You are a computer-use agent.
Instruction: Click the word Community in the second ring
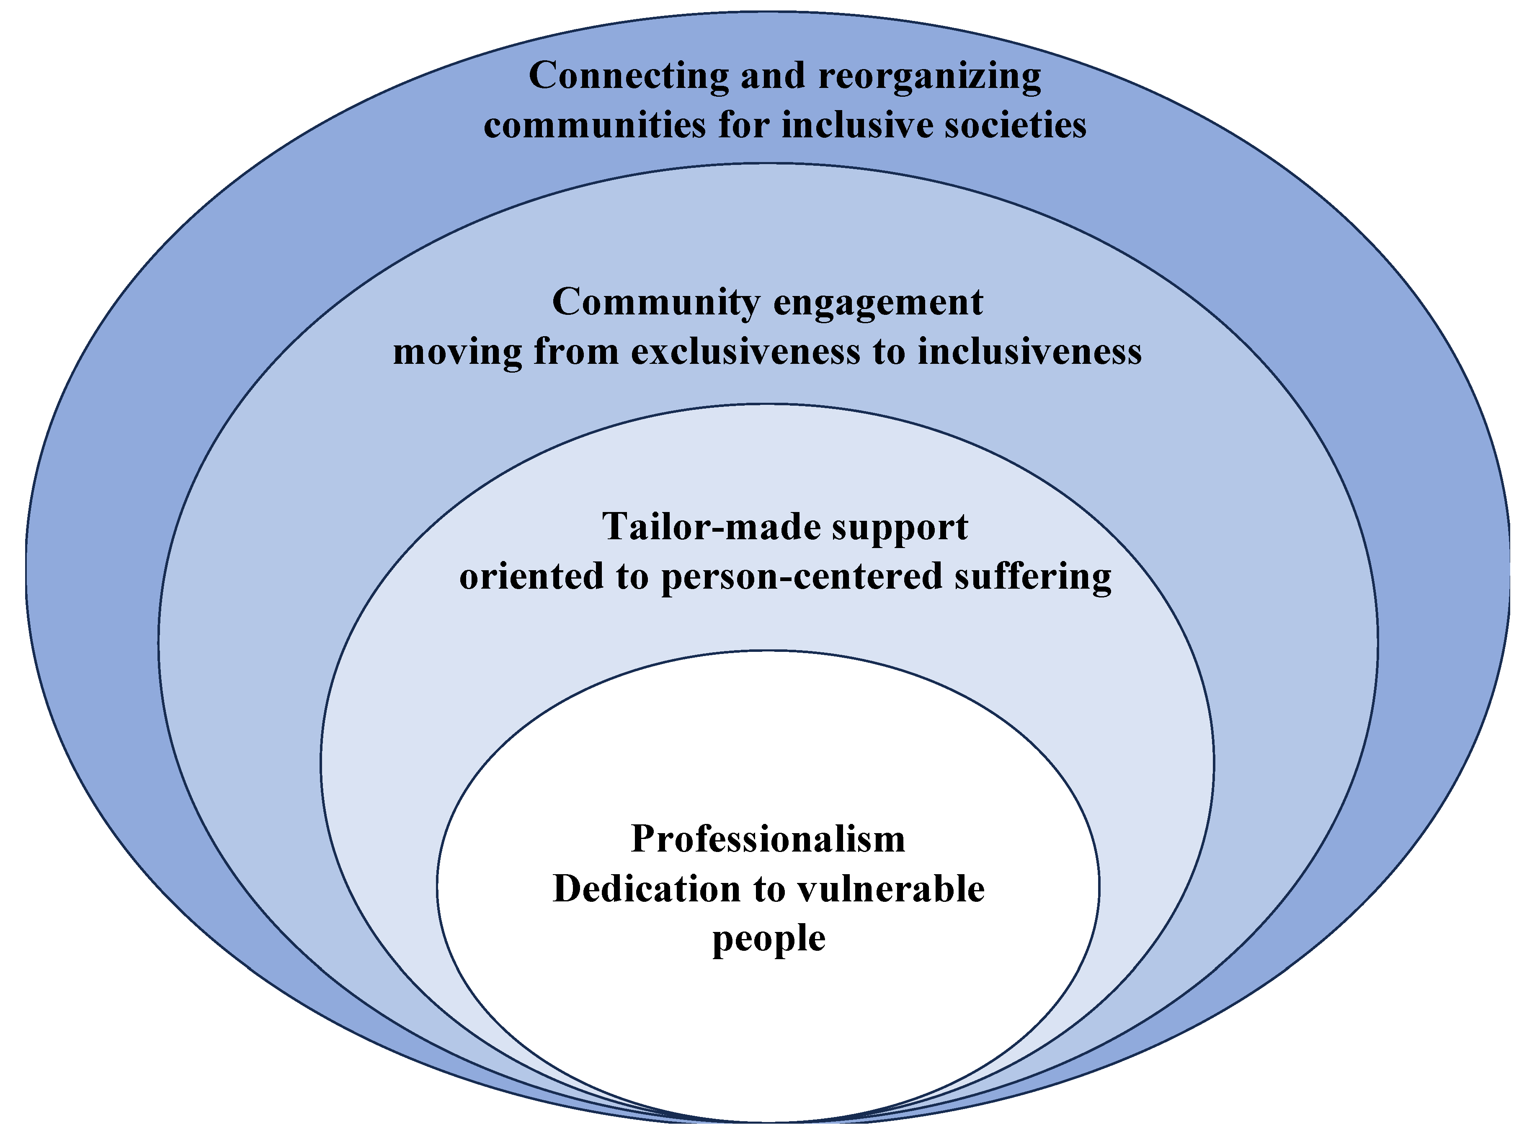pyautogui.click(x=656, y=302)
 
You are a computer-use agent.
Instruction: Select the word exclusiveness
pyautogui.click(x=745, y=352)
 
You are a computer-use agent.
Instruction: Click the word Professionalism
pyautogui.click(x=768, y=839)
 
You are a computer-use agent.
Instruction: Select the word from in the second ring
pyautogui.click(x=576, y=352)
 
